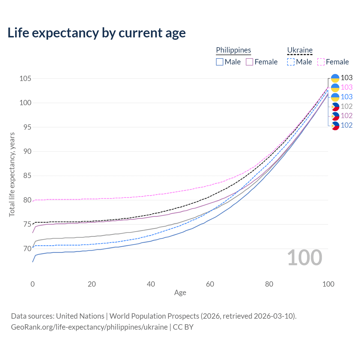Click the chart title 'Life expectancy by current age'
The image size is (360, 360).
pyautogui.click(x=96, y=33)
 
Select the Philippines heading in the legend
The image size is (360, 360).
pyautogui.click(x=233, y=50)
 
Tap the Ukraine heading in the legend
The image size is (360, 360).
pyautogui.click(x=300, y=50)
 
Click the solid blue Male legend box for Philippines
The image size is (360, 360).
pyautogui.click(x=220, y=62)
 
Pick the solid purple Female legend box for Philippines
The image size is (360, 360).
pyautogui.click(x=249, y=62)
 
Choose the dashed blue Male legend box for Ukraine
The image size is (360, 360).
pyautogui.click(x=291, y=62)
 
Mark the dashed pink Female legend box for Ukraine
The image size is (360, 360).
pyautogui.click(x=321, y=62)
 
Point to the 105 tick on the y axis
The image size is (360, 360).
pyautogui.click(x=25, y=78)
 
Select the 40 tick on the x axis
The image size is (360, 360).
pyautogui.click(x=151, y=284)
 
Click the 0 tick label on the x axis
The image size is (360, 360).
pyautogui.click(x=33, y=284)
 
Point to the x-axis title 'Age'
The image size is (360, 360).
pyautogui.click(x=180, y=293)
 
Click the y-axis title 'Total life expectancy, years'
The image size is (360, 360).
pyautogui.click(x=12, y=175)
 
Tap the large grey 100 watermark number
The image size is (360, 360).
pyautogui.click(x=305, y=258)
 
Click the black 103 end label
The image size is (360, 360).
pyautogui.click(x=346, y=78)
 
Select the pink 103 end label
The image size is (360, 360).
pyautogui.click(x=346, y=87)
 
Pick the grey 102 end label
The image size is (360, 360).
pyautogui.click(x=346, y=106)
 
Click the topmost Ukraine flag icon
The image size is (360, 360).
pyautogui.click(x=335, y=78)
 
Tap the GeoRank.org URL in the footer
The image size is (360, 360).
pyautogui.click(x=89, y=327)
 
